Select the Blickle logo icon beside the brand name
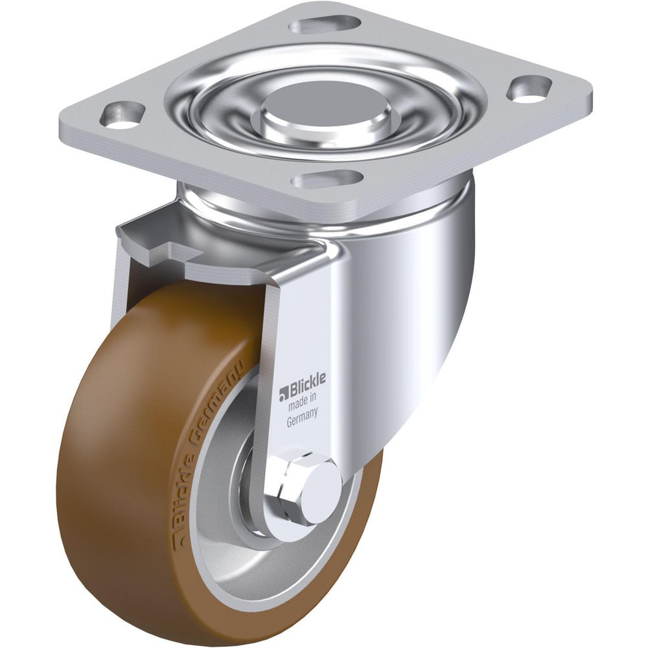[x=283, y=394]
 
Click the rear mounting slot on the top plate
[x=324, y=25]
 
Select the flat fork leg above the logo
[x=301, y=324]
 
